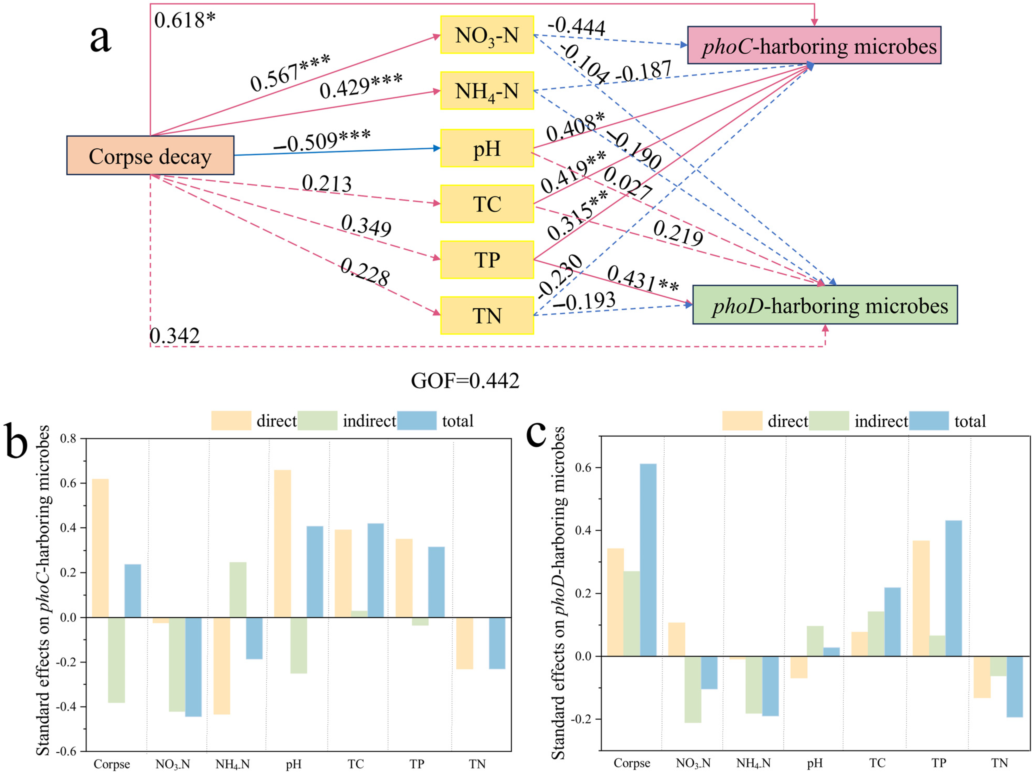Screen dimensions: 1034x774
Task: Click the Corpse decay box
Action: coord(150,156)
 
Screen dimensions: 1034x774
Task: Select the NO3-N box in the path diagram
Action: coord(487,35)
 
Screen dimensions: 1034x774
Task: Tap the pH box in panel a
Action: coord(487,148)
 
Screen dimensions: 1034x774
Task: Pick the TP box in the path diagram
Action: coord(487,259)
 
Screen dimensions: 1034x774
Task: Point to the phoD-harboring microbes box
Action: coord(825,305)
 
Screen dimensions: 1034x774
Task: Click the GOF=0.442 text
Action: coord(465,381)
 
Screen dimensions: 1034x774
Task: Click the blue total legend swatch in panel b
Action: coord(417,421)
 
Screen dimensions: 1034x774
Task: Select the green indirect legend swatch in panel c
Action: coord(829,421)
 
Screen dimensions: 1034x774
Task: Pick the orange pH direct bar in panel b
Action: coord(282,544)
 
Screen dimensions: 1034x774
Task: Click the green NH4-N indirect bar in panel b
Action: coord(238,589)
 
